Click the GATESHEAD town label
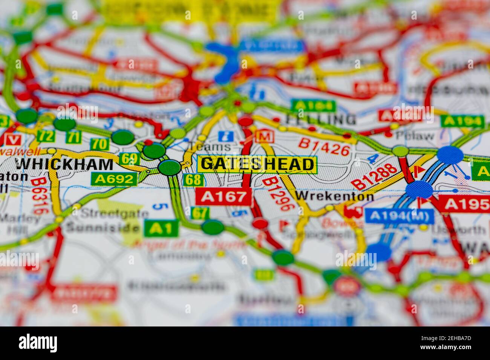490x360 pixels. tap(257, 164)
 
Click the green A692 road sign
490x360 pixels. tap(114, 179)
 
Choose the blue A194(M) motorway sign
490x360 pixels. tap(399, 216)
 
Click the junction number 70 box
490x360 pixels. tap(100, 144)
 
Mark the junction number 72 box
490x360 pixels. tap(46, 136)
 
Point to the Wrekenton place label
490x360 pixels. tap(335, 196)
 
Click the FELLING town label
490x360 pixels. tap(320, 120)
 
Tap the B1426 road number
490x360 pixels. tap(324, 147)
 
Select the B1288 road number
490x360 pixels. tap(375, 176)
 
